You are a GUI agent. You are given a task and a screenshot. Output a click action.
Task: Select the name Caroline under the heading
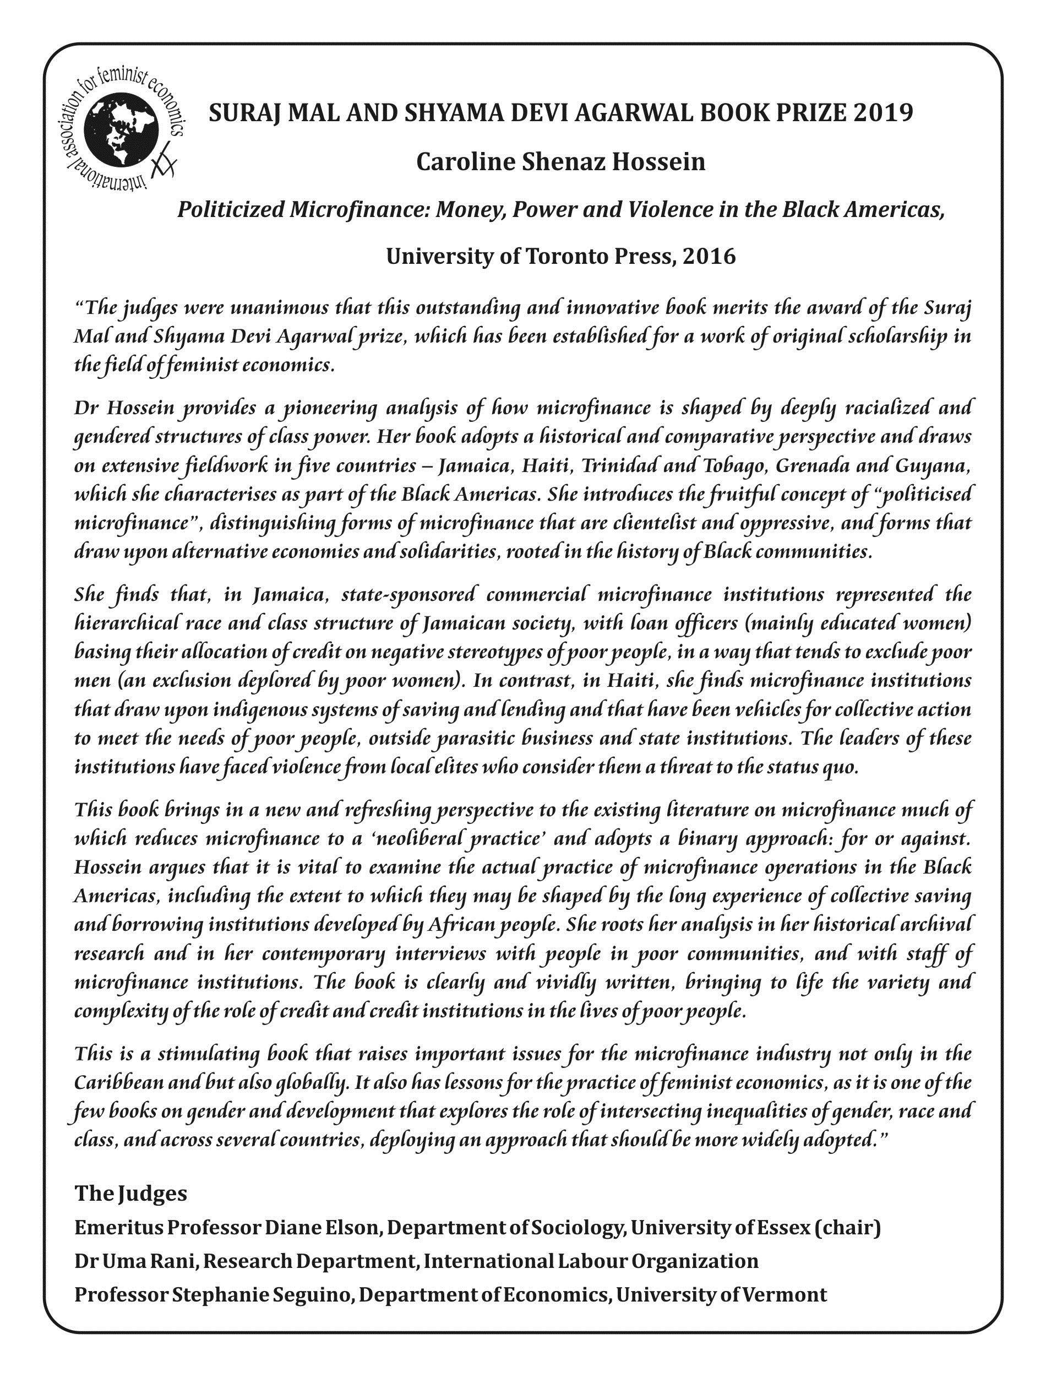[x=465, y=162]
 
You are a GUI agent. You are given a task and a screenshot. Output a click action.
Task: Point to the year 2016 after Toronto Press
[x=709, y=256]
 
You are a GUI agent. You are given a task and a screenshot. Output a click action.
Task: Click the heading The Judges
[x=131, y=1192]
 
